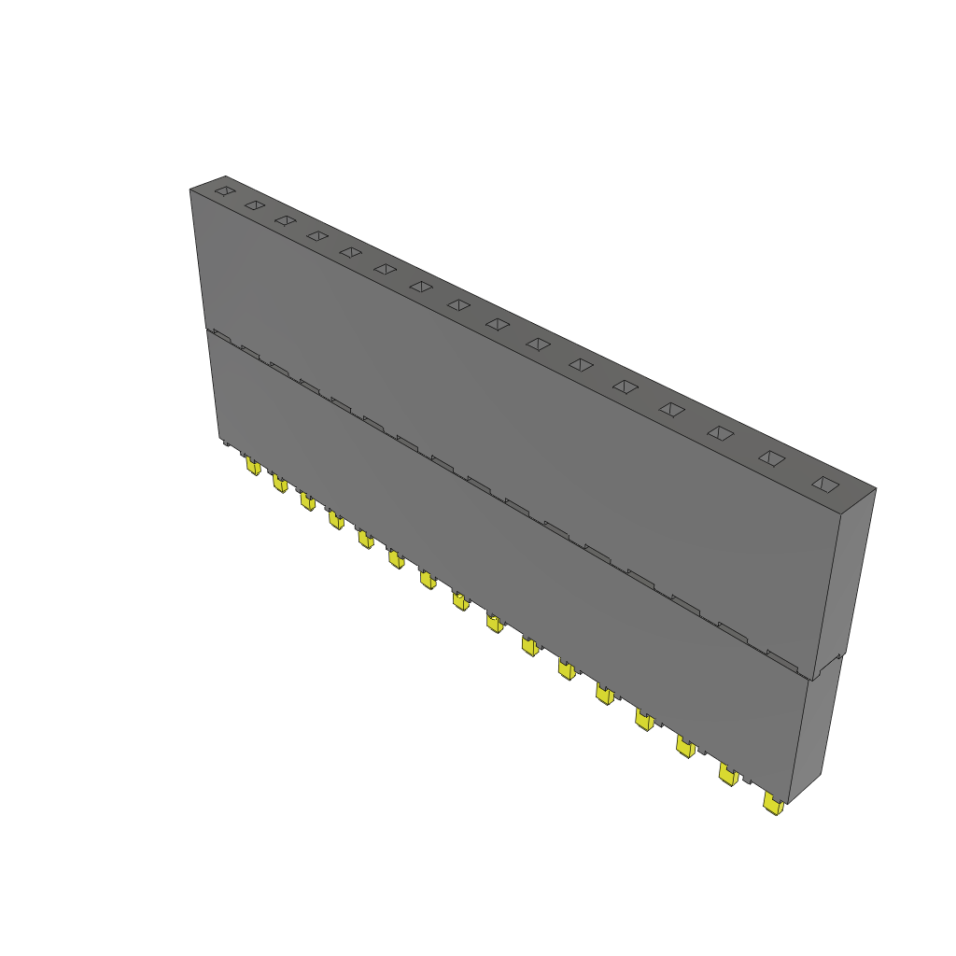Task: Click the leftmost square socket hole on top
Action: pos(224,190)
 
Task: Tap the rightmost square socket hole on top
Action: pos(825,484)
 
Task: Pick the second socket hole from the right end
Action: pos(771,457)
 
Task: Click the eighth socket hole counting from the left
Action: pos(458,304)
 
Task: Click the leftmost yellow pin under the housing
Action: pos(252,465)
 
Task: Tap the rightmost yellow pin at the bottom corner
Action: pos(773,804)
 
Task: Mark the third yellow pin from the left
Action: pos(307,501)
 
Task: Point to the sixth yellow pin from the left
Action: pos(397,558)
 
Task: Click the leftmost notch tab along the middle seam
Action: pos(220,332)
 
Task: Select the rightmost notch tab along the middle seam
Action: pos(782,658)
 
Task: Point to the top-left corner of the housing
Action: pos(190,190)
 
